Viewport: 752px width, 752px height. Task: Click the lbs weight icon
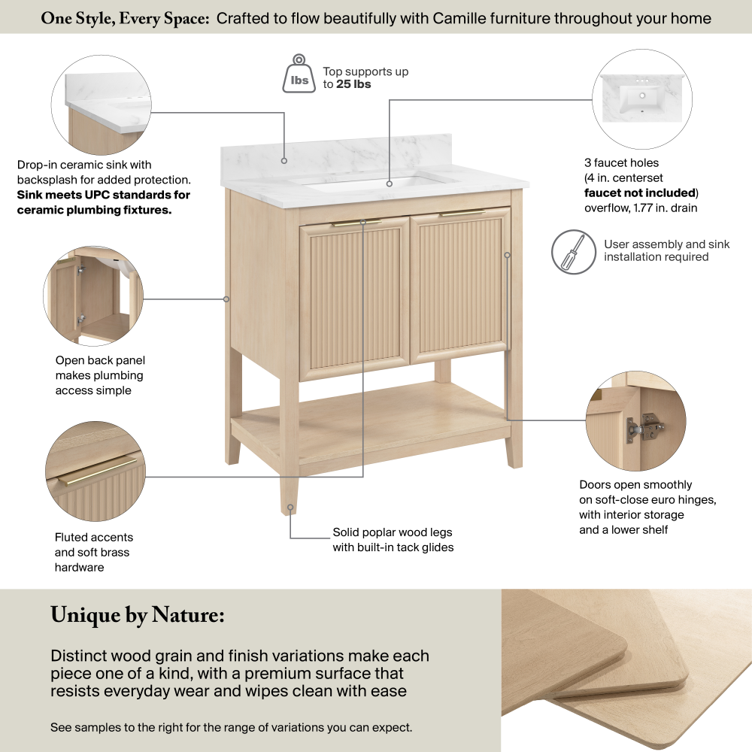click(x=299, y=74)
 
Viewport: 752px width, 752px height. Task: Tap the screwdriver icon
click(x=574, y=252)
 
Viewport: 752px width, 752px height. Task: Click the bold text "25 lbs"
click(x=353, y=84)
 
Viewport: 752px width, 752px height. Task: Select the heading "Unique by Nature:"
click(x=137, y=616)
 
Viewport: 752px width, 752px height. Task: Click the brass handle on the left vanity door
click(x=356, y=223)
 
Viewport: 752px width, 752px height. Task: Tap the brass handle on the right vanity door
click(x=462, y=213)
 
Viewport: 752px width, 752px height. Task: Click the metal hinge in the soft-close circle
click(x=644, y=428)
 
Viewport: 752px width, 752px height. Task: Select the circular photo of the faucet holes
click(x=642, y=99)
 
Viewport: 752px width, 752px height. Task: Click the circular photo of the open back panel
click(x=93, y=296)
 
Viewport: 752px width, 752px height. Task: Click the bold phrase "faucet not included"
click(x=640, y=193)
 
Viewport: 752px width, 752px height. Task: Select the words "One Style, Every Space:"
click(x=125, y=19)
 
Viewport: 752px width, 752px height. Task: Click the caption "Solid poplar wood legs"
click(x=393, y=532)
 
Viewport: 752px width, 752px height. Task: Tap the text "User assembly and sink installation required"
click(x=666, y=251)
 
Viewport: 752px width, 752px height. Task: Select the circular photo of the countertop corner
click(x=102, y=105)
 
